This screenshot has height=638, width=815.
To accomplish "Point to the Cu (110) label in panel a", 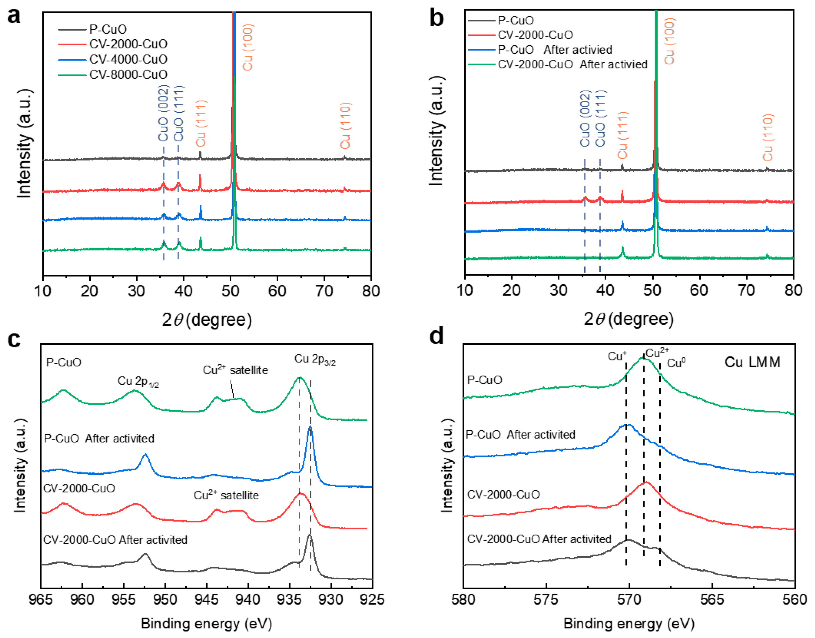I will click(x=345, y=126).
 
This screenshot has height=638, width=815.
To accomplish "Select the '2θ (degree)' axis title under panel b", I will click(x=629, y=319).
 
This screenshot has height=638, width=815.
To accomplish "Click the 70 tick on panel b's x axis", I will click(x=746, y=290).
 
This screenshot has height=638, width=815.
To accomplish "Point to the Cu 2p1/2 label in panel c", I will click(x=138, y=381).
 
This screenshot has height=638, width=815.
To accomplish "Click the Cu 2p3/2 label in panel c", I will click(x=315, y=359).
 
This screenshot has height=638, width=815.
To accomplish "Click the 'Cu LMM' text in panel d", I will click(x=752, y=362).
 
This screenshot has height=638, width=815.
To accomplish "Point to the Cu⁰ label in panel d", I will click(x=676, y=363).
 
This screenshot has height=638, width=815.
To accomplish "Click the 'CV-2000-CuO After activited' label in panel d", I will click(x=539, y=539).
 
